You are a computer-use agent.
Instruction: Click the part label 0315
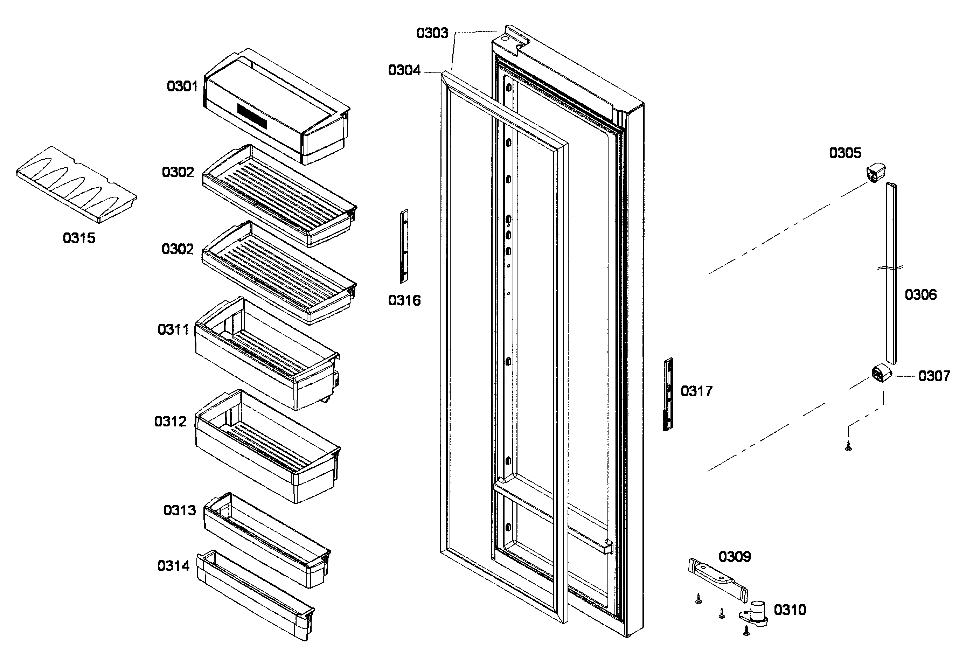click(x=79, y=238)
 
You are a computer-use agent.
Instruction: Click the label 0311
click(x=173, y=329)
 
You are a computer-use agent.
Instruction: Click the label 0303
click(x=432, y=33)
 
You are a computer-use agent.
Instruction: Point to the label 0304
click(x=404, y=70)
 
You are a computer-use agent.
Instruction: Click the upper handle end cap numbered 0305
click(x=875, y=173)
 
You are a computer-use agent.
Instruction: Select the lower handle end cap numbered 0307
click(x=881, y=373)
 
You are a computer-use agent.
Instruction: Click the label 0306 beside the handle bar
click(x=920, y=295)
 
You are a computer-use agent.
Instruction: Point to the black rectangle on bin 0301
click(x=252, y=116)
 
